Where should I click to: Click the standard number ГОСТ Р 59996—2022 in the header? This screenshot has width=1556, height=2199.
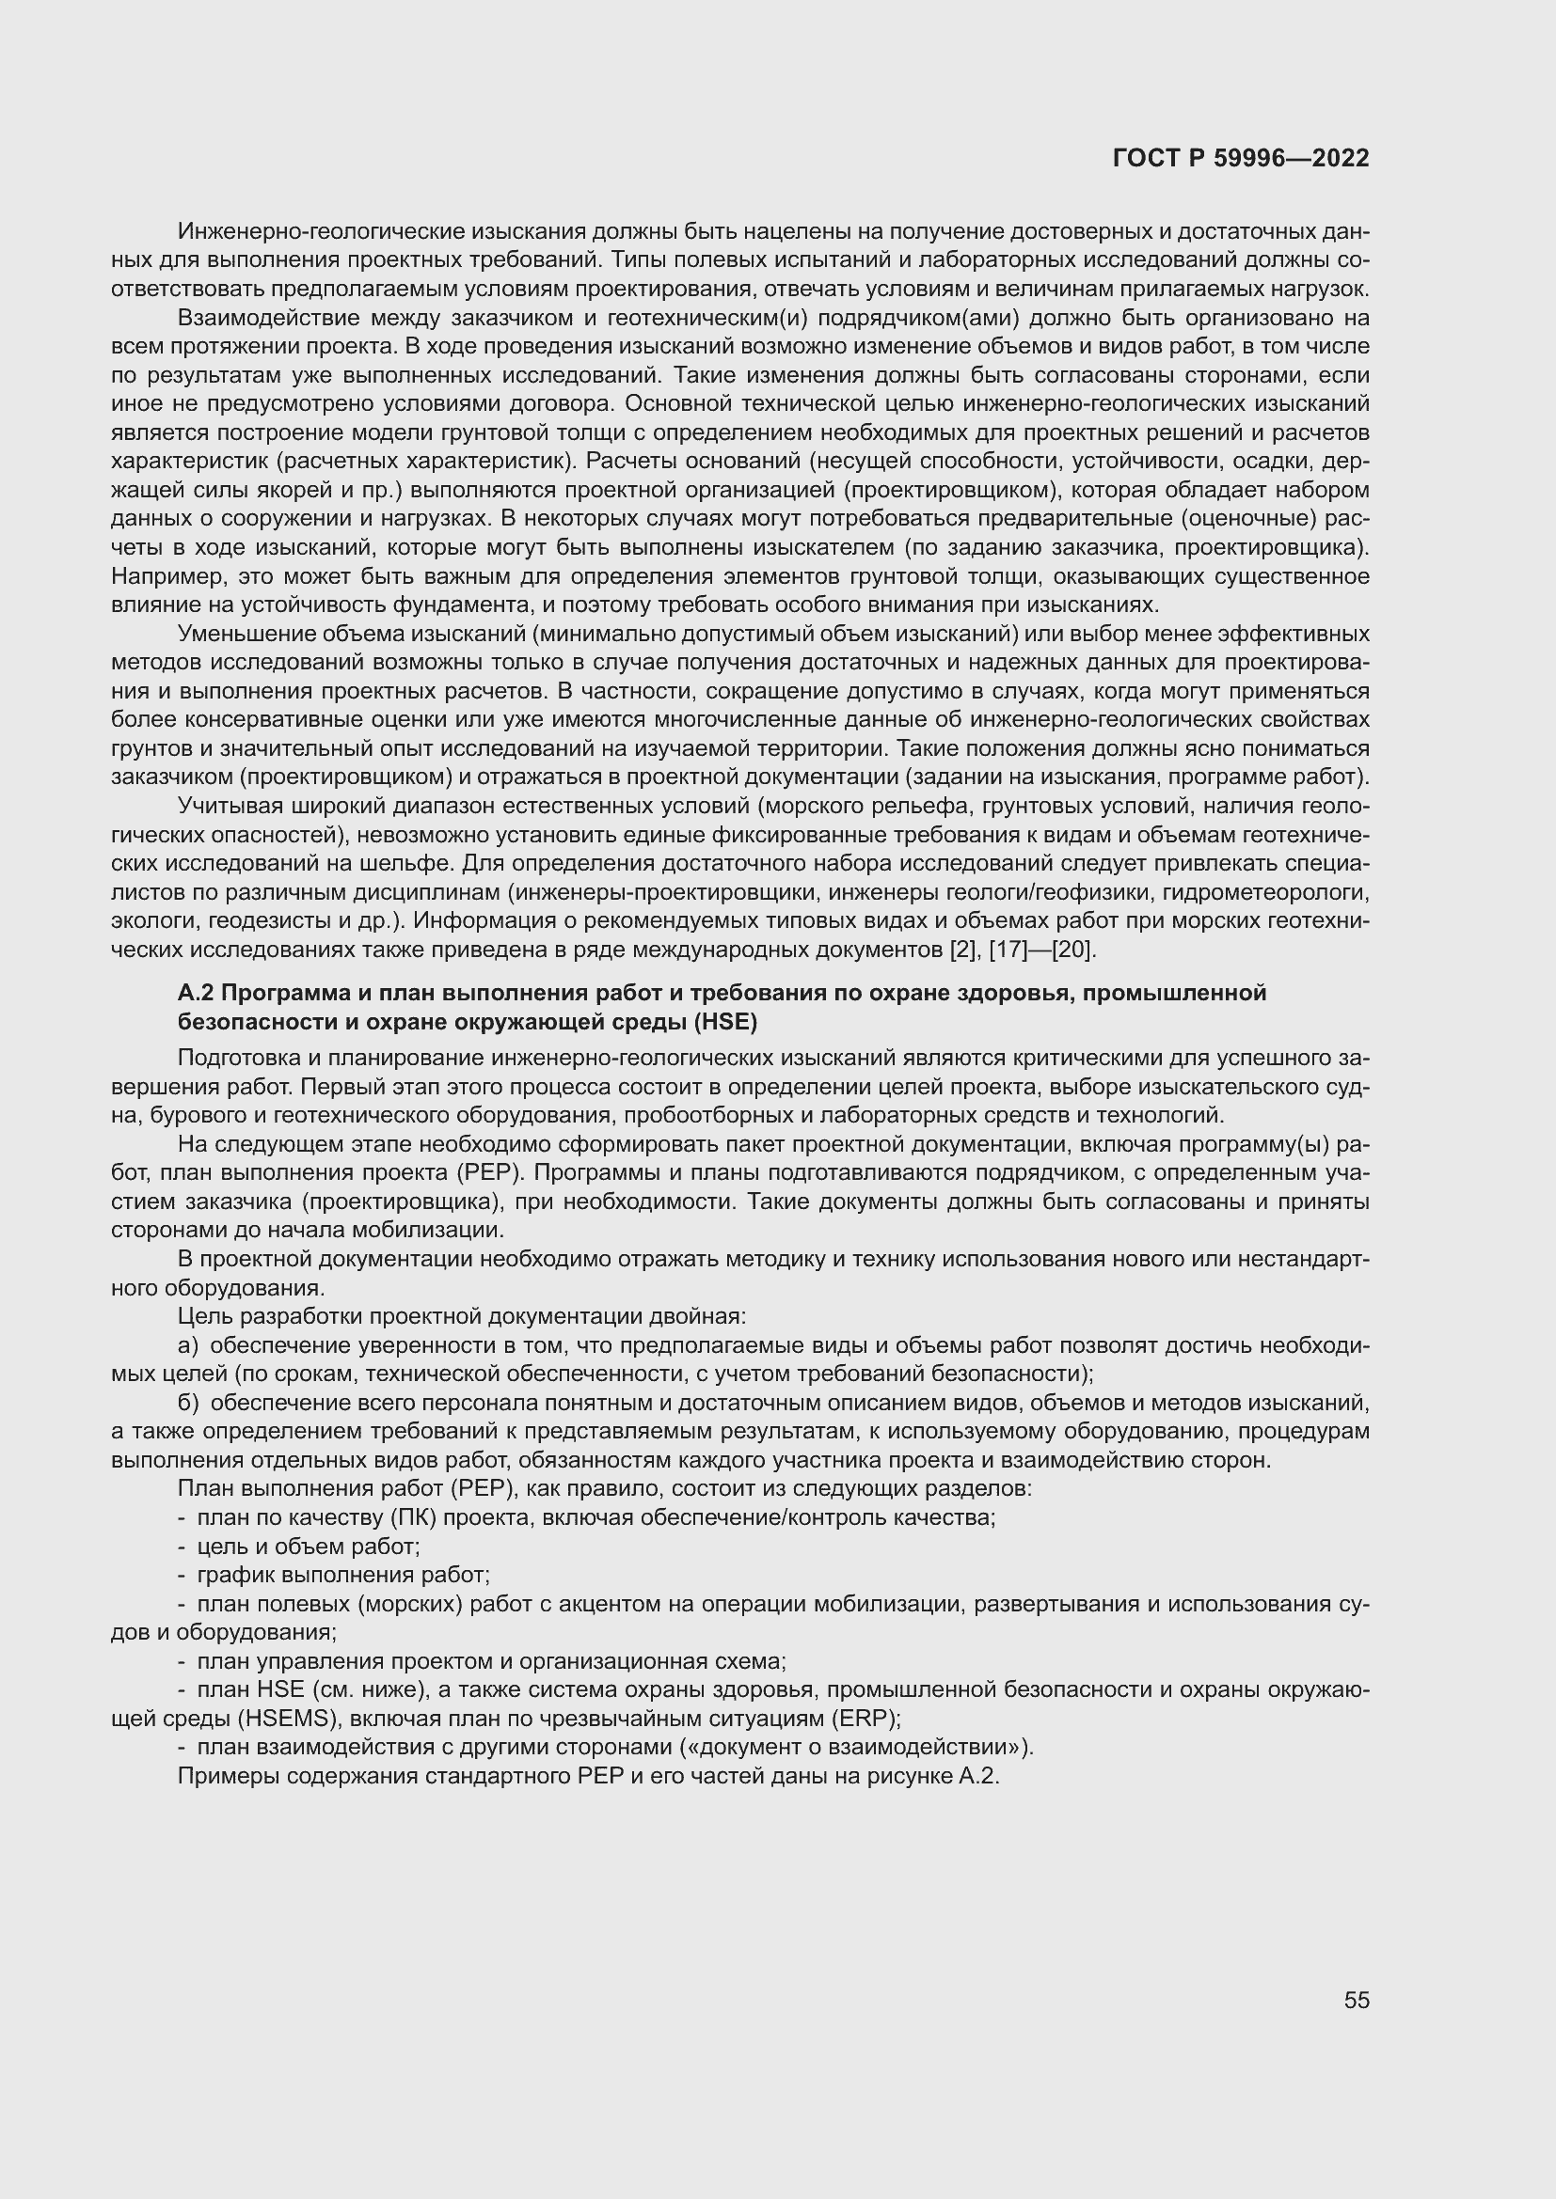pos(1241,159)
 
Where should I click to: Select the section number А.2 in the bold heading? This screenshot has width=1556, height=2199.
pos(196,993)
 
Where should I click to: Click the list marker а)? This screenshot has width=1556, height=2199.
pos(188,1345)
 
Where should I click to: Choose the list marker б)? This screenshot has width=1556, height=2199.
pos(188,1403)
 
